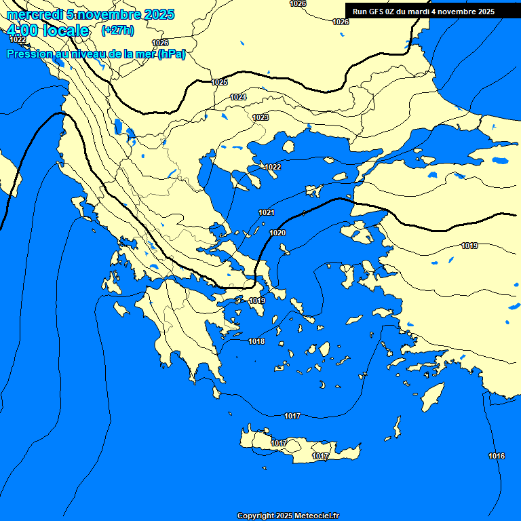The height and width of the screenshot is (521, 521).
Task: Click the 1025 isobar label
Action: click(219, 82)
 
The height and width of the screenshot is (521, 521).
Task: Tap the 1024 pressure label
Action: click(238, 98)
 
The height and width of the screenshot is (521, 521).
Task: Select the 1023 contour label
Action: click(260, 118)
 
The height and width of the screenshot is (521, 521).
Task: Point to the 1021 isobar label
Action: click(267, 213)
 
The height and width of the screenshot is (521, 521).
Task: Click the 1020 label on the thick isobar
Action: click(277, 233)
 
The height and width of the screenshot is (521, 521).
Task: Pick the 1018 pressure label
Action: click(256, 341)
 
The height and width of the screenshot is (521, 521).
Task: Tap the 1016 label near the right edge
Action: click(497, 456)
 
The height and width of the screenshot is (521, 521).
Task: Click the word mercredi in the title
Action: click(34, 14)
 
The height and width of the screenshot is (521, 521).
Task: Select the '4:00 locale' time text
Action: click(47, 31)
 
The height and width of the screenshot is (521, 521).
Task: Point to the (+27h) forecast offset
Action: click(117, 31)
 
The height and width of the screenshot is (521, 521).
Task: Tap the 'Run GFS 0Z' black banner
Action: click(423, 12)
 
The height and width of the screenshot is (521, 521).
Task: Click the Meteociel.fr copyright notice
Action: click(288, 516)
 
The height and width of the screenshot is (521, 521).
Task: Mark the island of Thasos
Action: click(288, 147)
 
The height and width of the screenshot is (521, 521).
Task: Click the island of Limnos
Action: click(314, 191)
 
